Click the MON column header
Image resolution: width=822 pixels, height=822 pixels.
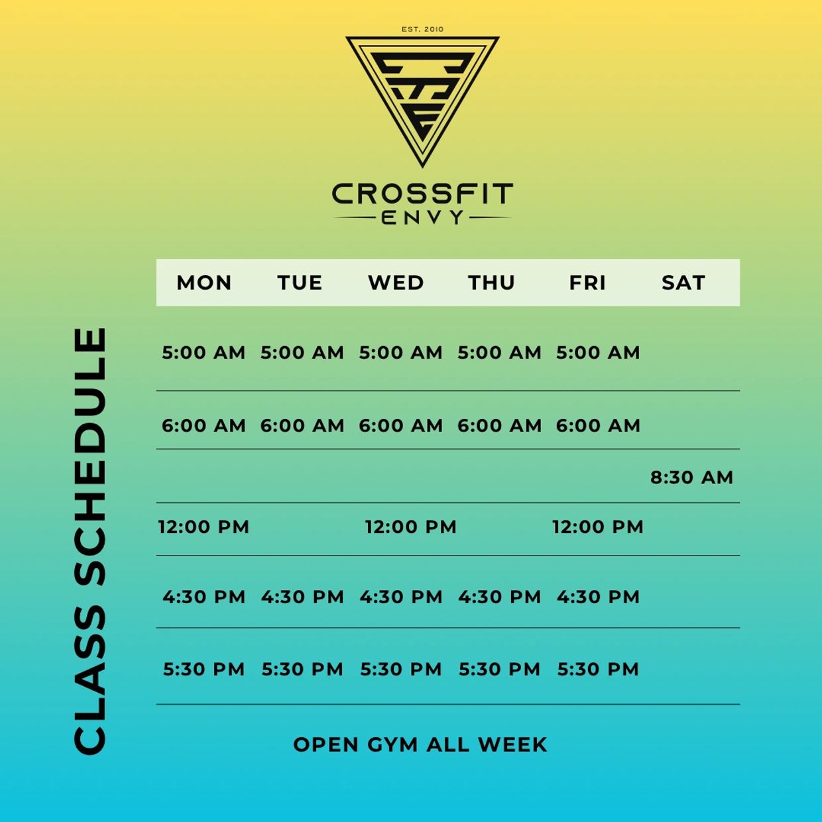204,282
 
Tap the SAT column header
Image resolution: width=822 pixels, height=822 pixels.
683,282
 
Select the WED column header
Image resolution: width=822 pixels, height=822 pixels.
396,282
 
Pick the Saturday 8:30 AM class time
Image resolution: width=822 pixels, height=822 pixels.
691,477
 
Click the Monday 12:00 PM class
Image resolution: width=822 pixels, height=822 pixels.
204,527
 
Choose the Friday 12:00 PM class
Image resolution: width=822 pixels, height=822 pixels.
598,527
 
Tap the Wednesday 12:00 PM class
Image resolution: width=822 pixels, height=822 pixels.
411,527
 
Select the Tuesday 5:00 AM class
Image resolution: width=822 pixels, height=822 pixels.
302,353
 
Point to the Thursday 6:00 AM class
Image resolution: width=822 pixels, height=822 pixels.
499,426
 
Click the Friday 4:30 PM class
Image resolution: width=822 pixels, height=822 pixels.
598,597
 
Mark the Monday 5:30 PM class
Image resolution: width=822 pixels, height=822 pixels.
204,669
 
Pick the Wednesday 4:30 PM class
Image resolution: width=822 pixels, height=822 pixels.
401,597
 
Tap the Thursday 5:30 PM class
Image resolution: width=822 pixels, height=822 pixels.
499,669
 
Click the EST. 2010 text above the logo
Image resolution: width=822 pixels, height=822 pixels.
422,29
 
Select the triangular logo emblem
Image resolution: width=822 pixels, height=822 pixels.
422,101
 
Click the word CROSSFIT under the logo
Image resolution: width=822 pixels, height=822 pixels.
422,194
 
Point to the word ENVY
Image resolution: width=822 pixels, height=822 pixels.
422,217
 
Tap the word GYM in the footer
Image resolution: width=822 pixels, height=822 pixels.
392,744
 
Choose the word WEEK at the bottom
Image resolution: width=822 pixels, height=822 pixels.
512,744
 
